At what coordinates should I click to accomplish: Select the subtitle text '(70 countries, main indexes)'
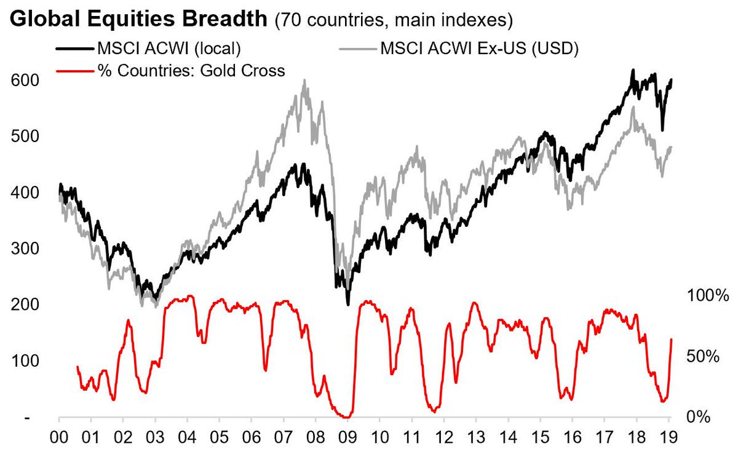tap(394, 20)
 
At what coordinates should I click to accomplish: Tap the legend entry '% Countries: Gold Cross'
tap(191, 71)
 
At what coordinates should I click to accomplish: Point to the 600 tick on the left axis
tap(25, 81)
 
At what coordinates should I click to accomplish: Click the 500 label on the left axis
tap(25, 137)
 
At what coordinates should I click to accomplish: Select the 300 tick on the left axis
tap(25, 249)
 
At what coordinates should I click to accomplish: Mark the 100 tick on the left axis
tap(25, 360)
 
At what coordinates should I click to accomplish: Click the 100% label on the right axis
tap(707, 296)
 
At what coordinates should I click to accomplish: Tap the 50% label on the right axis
tap(703, 357)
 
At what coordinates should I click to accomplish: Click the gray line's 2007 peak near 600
tap(304, 81)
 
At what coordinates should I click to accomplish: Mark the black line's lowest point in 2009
tap(348, 304)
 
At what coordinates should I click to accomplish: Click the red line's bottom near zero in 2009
tap(347, 416)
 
